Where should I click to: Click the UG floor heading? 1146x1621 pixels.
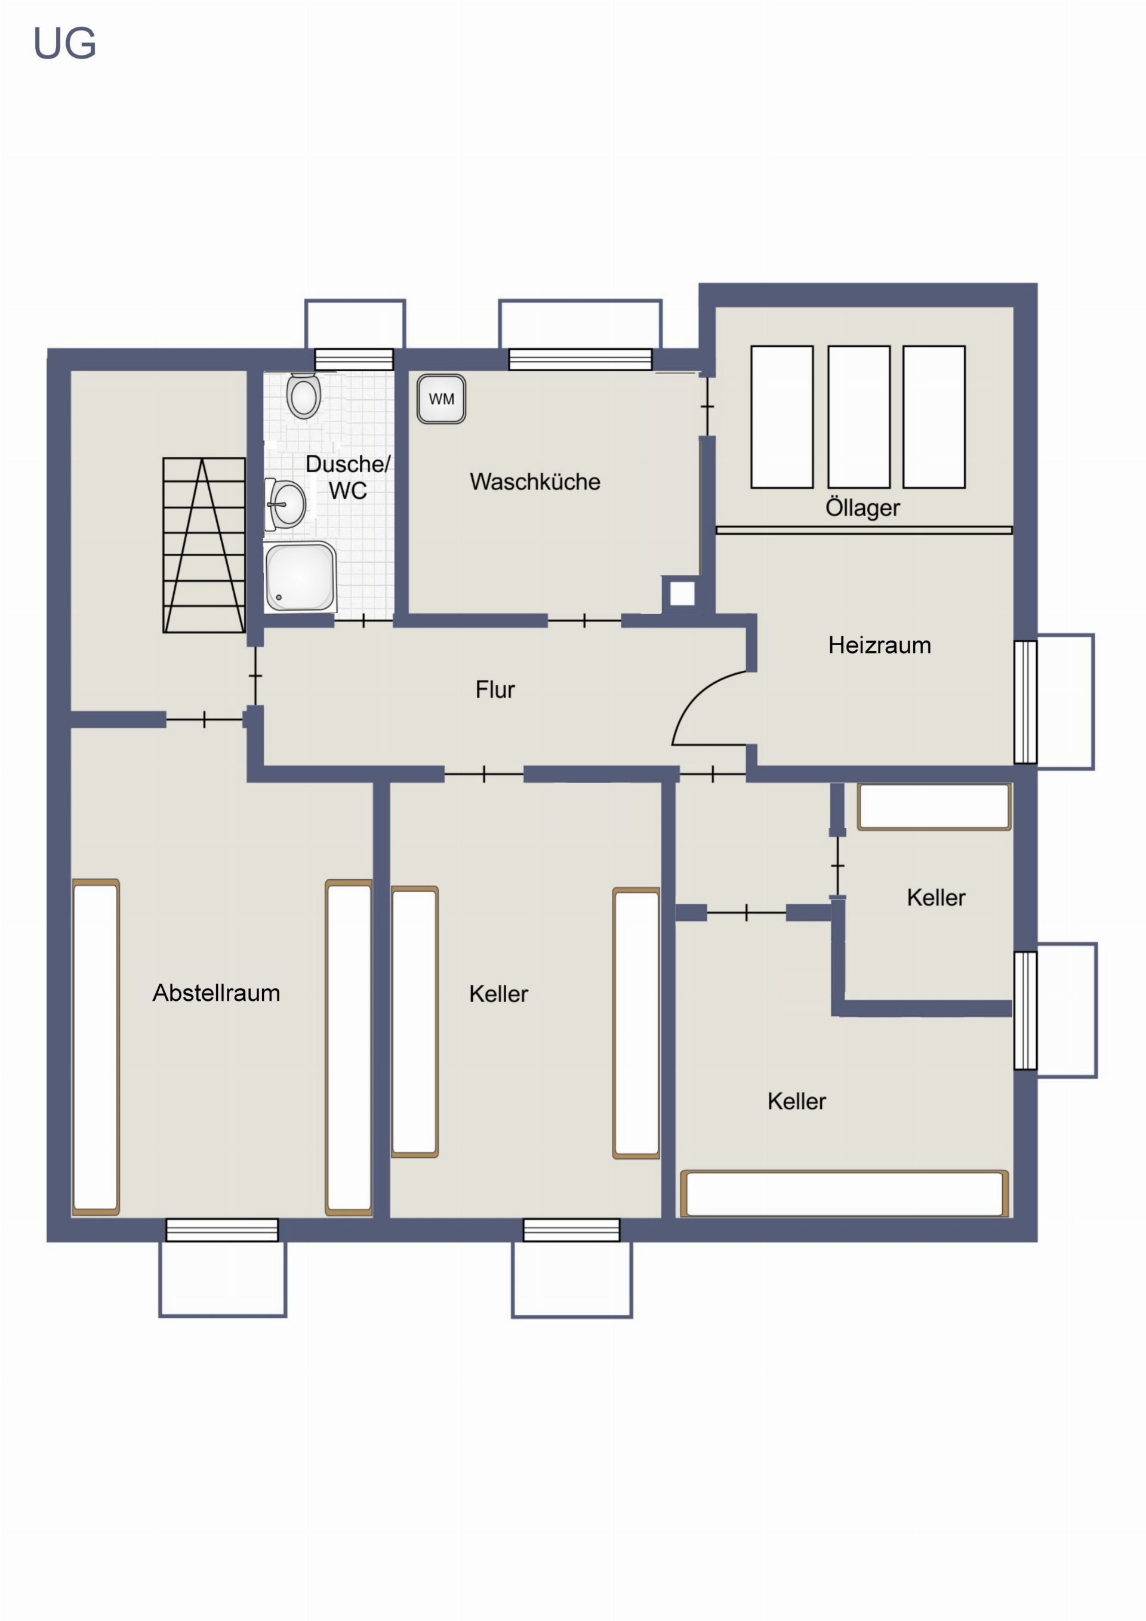point(64,44)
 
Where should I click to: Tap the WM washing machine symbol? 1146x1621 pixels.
point(440,399)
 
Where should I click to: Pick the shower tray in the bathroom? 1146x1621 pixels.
point(300,577)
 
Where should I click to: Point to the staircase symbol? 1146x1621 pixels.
point(204,545)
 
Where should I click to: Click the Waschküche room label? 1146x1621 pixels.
point(535,482)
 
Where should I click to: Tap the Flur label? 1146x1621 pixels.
point(495,689)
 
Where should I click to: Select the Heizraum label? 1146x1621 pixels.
point(879,645)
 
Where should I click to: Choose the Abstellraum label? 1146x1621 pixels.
point(216,993)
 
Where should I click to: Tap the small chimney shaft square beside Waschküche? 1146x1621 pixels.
point(682,594)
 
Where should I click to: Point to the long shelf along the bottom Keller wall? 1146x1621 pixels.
point(844,1193)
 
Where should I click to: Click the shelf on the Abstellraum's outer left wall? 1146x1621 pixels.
point(95,1047)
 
